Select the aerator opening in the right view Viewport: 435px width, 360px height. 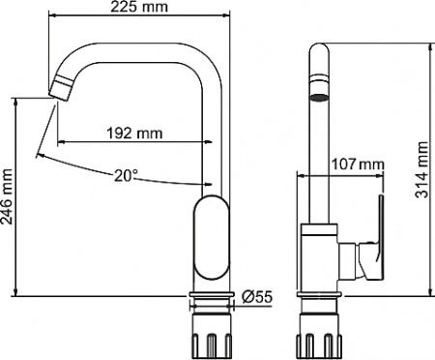pos(318,97)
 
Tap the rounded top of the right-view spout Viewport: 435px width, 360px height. pos(318,53)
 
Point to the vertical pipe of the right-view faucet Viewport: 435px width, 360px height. pos(318,165)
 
